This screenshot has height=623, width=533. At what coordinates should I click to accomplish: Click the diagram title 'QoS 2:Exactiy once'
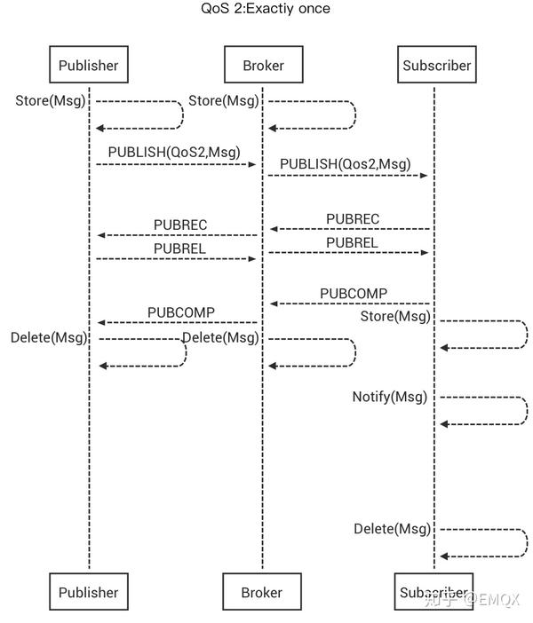point(266,9)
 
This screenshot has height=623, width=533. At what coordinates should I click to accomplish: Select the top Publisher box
point(88,65)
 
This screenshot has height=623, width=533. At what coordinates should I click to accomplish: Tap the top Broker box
point(262,65)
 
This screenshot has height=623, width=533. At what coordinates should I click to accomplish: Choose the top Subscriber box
point(436,65)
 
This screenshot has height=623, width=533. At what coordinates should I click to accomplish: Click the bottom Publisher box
point(88,592)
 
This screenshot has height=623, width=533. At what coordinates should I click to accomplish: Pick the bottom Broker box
point(262,592)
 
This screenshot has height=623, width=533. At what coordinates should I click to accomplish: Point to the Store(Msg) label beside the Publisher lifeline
point(51,100)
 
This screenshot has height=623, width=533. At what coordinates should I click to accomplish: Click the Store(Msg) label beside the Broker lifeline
point(224,100)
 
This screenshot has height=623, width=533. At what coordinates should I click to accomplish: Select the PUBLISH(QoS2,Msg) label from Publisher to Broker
point(174,152)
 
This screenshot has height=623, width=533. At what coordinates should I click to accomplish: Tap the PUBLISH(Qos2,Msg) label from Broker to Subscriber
point(346,163)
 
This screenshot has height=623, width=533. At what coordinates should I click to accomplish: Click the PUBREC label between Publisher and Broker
point(180,225)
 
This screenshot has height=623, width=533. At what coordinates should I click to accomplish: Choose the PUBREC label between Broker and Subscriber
point(353,218)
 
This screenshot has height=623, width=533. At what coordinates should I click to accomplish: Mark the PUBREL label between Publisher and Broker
point(179,248)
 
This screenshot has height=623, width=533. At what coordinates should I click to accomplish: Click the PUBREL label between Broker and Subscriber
point(352,242)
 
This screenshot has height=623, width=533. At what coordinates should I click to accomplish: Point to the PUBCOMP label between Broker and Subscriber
point(354,293)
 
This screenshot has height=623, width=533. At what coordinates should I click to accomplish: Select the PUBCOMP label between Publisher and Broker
point(181,311)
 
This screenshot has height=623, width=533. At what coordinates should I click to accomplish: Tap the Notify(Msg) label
point(389,397)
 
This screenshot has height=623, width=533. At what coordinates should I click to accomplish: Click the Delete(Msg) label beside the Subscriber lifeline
point(392,528)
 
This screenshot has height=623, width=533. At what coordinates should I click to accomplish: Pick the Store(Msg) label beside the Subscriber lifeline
point(395,316)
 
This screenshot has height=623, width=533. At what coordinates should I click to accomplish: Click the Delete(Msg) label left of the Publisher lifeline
point(49,337)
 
